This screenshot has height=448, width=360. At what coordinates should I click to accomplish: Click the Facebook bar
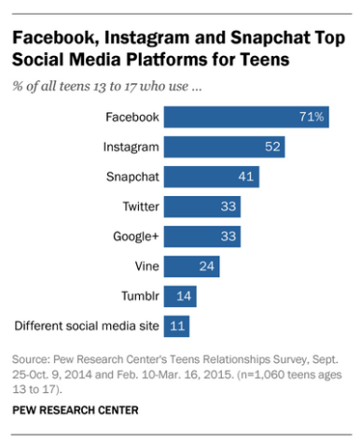click(x=246, y=118)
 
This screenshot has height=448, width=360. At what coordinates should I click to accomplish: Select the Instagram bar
click(x=224, y=147)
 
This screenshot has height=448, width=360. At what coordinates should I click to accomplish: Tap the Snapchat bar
click(x=211, y=177)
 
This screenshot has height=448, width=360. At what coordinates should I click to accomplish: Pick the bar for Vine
click(x=191, y=267)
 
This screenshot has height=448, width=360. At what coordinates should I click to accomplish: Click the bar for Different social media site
click(x=176, y=327)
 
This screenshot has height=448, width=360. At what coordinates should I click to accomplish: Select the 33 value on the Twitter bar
click(x=228, y=207)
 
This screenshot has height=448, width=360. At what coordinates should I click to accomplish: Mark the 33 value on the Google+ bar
click(x=228, y=237)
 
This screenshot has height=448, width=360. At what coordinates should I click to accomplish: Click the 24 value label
click(x=207, y=267)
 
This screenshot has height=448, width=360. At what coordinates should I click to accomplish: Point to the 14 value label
click(x=184, y=297)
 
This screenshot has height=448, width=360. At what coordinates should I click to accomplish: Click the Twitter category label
click(x=140, y=207)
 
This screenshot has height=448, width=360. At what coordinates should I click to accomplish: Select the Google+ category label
click(x=136, y=237)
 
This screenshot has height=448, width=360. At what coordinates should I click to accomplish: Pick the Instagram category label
click(x=131, y=147)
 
